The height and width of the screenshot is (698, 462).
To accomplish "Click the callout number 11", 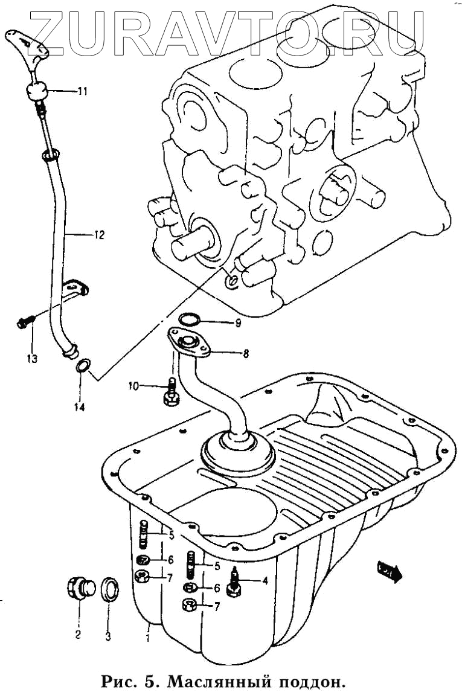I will pos(82,92).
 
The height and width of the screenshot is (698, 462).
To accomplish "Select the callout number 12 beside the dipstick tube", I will pos(99,234).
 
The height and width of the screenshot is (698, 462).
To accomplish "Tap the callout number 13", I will pos(31,359).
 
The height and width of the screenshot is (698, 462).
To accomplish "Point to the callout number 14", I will pos(79,407).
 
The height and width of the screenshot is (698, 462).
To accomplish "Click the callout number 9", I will pos(238,323).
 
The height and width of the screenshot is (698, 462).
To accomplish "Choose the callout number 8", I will pos(246,354).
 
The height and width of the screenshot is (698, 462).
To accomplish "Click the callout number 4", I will pos(264,581).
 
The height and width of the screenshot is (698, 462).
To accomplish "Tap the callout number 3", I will pos(108,635).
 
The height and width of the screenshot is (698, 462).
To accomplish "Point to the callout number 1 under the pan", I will pos(147,635).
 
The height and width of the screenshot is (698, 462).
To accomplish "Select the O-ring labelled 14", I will pos(83,365).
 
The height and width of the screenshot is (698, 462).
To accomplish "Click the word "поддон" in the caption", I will pos(310,682).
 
